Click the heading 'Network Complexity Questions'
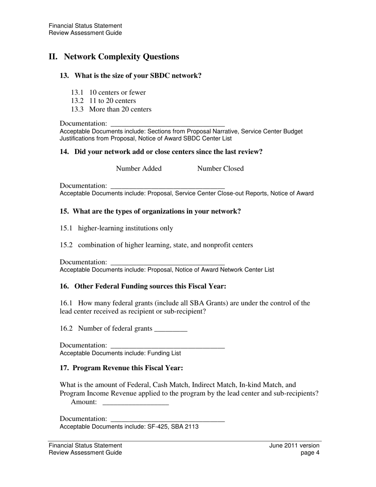[121, 57]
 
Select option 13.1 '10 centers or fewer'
[117, 92]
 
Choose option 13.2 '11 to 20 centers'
[112, 101]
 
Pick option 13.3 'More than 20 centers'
[120, 109]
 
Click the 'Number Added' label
[139, 169]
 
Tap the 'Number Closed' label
[220, 169]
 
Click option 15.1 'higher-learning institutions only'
[125, 228]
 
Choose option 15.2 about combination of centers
[165, 245]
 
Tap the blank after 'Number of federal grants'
[171, 329]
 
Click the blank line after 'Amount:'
[135, 403]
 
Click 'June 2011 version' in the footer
[294, 445]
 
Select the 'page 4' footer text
[310, 453]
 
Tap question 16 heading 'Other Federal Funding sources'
[150, 286]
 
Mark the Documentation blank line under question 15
[167, 263]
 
